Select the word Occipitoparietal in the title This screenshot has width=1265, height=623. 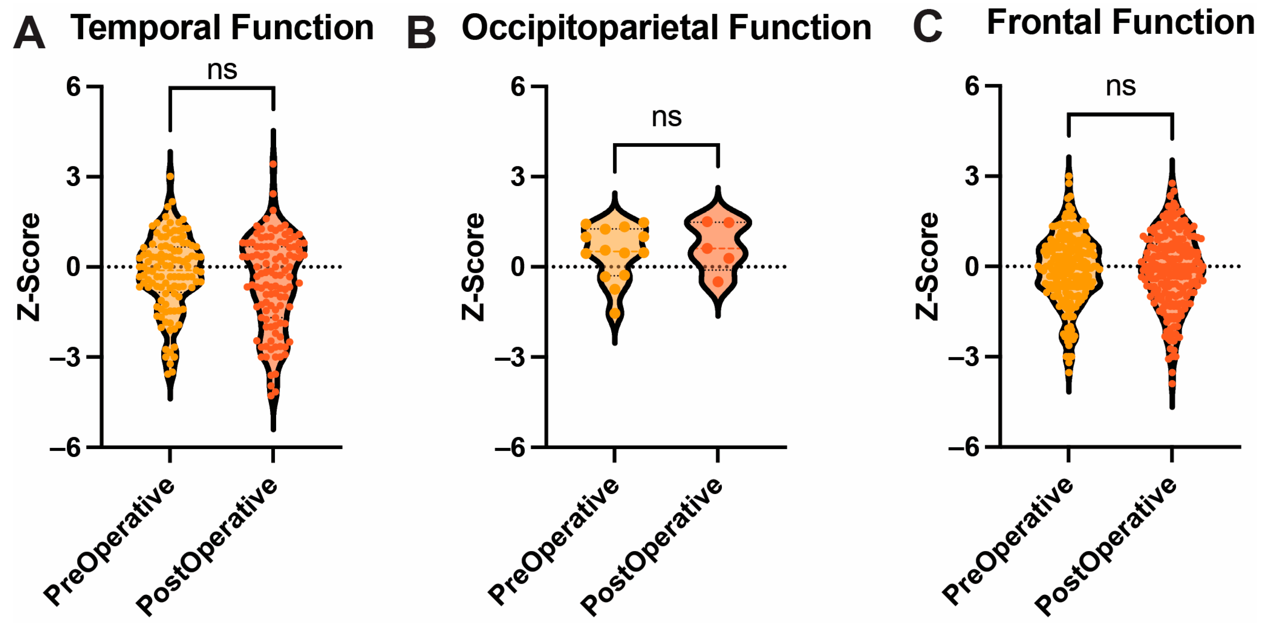[x=591, y=29]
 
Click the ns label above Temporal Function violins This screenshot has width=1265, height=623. [x=222, y=70]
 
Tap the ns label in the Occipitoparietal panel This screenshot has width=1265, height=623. [x=666, y=117]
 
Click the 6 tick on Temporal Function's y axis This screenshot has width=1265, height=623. [x=74, y=87]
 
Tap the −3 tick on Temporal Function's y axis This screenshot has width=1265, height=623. [x=65, y=357]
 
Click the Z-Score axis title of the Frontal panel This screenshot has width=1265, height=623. [x=927, y=266]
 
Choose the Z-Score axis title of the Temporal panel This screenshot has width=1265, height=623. [x=29, y=267]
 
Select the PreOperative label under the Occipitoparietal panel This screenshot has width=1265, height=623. [x=553, y=540]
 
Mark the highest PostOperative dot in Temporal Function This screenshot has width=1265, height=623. [x=273, y=164]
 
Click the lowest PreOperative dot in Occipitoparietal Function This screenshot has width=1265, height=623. [x=614, y=313]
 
